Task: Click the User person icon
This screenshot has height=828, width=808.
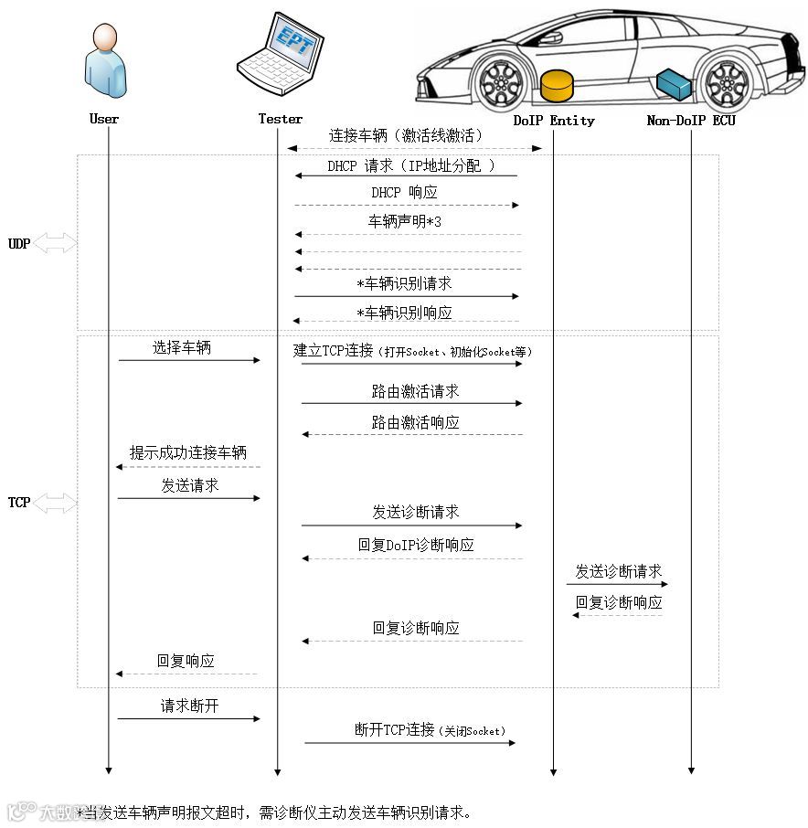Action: point(104,61)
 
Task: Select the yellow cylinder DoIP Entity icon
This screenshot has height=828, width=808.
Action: point(556,85)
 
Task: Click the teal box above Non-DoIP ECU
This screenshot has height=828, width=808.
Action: point(674,82)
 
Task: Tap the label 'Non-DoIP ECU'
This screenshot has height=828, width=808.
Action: point(690,121)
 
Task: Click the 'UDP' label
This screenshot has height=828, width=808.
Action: point(19,244)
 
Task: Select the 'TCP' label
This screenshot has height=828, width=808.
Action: point(19,503)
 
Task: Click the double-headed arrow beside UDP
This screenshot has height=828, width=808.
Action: point(55,243)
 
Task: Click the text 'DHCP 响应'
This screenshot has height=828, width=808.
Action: point(404,193)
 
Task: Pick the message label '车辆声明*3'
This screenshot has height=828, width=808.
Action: point(405,222)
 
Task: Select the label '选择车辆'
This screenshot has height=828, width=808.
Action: point(181,348)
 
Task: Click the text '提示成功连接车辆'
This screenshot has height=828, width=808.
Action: point(188,452)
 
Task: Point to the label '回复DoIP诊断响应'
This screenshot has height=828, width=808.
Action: point(416,545)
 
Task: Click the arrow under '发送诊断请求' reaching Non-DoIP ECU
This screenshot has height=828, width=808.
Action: point(617,584)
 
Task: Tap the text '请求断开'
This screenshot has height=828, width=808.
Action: point(189,706)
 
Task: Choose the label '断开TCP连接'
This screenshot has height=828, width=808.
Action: point(394,730)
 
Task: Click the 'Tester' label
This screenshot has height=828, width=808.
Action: point(280,119)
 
